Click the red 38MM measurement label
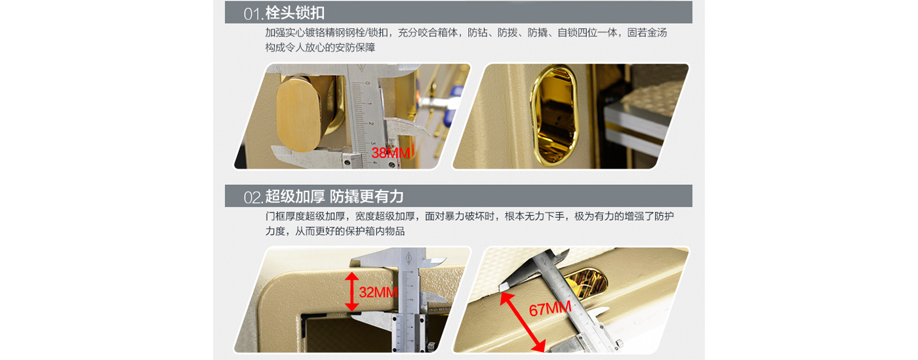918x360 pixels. tap(391, 153)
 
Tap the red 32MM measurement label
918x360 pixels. tap(378, 292)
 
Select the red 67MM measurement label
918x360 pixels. tap(550, 308)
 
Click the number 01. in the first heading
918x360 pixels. tap(254, 14)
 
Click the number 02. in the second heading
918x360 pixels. tap(254, 197)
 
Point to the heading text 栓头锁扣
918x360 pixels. tap(295, 13)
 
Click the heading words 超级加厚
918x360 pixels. tap(295, 197)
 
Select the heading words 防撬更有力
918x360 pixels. tap(367, 197)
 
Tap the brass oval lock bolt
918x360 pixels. tap(298, 114)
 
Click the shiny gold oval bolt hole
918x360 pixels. tap(553, 115)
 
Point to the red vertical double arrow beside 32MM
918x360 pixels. tap(351, 292)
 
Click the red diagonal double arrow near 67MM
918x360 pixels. tap(523, 322)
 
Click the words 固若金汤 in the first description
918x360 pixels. tap(647, 33)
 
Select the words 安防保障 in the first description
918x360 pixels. tap(355, 48)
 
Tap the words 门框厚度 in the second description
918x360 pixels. tap(285, 216)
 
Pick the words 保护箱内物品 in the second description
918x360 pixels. tap(374, 231)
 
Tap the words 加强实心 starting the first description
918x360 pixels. tap(285, 33)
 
